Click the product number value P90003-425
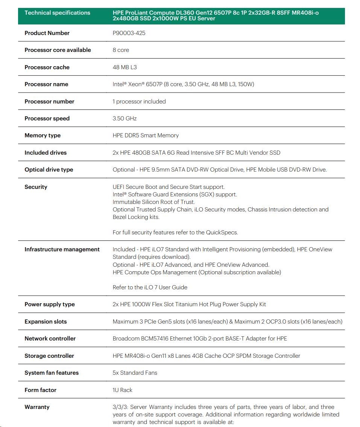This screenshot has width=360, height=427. (x=129, y=33)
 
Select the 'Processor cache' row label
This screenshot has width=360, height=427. (x=47, y=67)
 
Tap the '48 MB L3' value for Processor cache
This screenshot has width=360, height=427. (x=125, y=67)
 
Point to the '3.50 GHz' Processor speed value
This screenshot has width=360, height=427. (x=125, y=119)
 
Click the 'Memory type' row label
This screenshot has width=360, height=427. (x=43, y=135)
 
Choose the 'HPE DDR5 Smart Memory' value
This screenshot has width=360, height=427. (x=146, y=135)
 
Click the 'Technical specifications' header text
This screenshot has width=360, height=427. (x=57, y=13)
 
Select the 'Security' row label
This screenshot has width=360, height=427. (x=36, y=187)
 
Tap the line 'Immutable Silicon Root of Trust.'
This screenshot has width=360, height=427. (x=153, y=202)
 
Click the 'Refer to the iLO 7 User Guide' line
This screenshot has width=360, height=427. (x=150, y=287)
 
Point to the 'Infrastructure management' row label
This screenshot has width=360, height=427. (x=62, y=249)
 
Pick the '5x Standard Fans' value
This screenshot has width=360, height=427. (x=135, y=373)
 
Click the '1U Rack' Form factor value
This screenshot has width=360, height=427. (x=123, y=390)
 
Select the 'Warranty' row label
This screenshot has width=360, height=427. (x=37, y=407)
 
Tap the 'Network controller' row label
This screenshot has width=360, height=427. (x=50, y=339)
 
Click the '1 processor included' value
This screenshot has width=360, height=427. (x=139, y=102)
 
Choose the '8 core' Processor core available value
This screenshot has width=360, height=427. (x=121, y=50)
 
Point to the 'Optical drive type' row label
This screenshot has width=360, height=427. (x=49, y=170)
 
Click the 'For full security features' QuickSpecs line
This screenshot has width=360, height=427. (x=175, y=232)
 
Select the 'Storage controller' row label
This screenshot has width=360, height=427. (x=49, y=356)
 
